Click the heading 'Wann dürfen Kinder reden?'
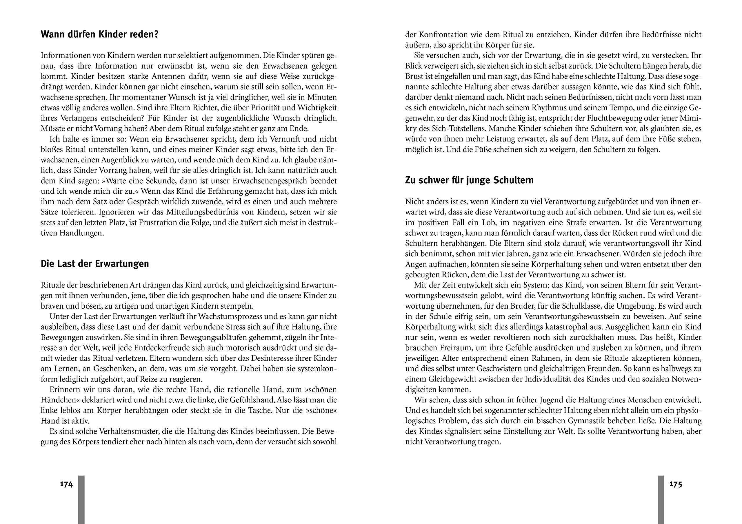click(99, 34)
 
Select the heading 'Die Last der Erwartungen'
click(95, 264)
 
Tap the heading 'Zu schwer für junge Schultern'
click(469, 180)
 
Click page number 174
click(66, 484)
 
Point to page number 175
click(675, 484)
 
